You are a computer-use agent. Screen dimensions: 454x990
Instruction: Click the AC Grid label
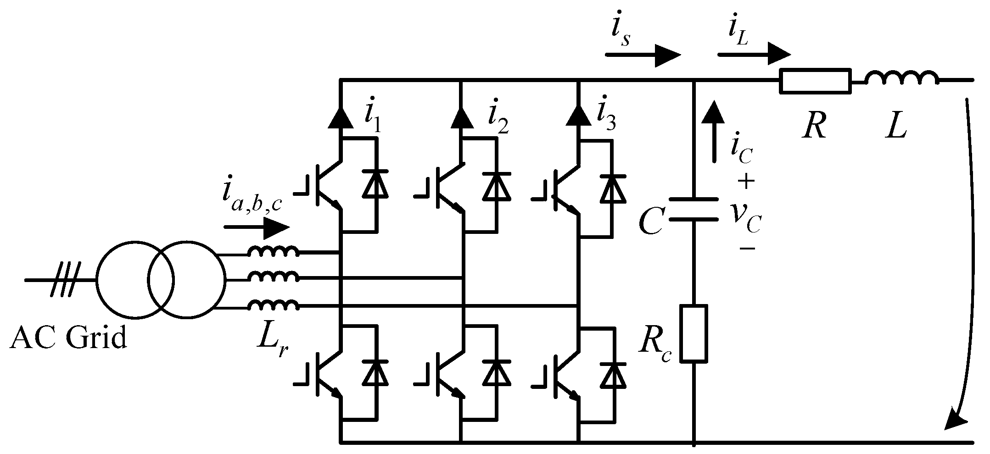(x=68, y=338)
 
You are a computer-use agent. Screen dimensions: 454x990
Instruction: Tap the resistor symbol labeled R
(x=815, y=81)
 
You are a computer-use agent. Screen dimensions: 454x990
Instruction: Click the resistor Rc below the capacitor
(x=693, y=333)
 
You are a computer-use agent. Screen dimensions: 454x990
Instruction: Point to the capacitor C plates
(x=693, y=209)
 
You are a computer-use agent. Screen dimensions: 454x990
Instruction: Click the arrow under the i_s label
(x=643, y=55)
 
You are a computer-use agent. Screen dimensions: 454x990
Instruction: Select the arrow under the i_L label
(x=754, y=54)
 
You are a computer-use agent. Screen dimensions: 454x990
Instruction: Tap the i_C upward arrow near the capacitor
(x=714, y=131)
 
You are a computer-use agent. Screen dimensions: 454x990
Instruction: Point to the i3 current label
(x=606, y=118)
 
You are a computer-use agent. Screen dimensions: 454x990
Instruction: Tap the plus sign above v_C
(x=746, y=183)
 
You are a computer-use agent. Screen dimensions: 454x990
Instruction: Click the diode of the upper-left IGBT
(x=375, y=183)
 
